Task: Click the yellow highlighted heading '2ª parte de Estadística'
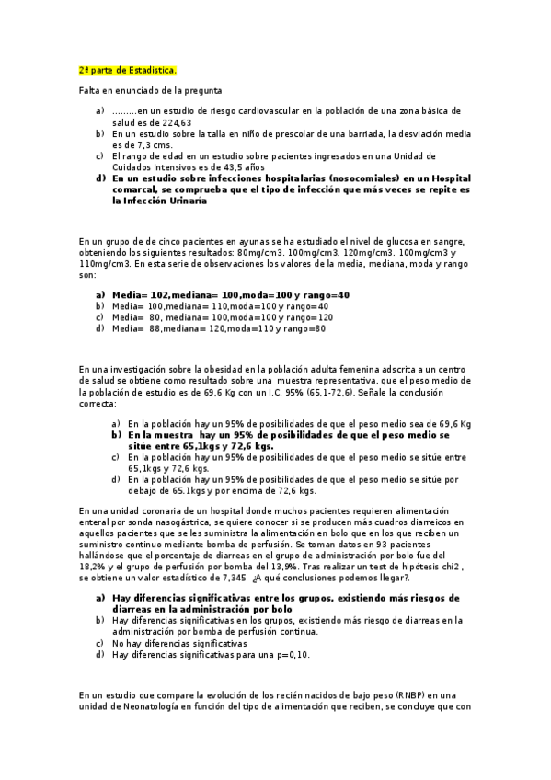127,69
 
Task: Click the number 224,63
176,122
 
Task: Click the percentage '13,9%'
263,567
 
